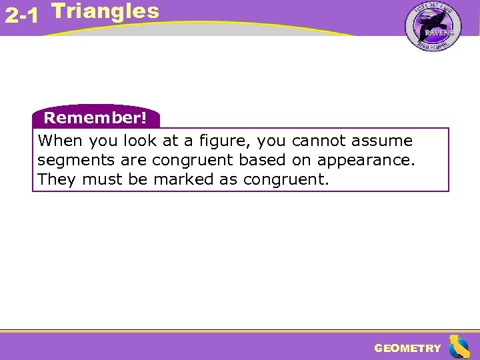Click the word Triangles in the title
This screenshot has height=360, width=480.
click(105, 11)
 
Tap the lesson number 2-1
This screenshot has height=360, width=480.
click(21, 16)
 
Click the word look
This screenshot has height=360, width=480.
click(139, 141)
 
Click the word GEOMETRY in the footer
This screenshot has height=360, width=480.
click(407, 348)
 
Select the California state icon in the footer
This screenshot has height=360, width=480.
click(459, 347)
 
